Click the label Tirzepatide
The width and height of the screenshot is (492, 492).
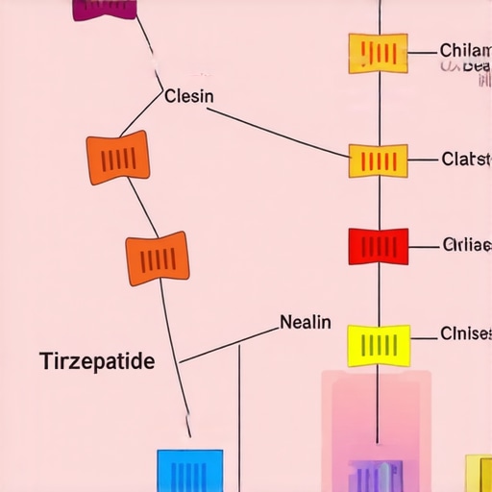pos(96,362)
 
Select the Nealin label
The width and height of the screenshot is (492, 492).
pos(305,322)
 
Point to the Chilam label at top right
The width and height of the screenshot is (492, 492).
pos(464,50)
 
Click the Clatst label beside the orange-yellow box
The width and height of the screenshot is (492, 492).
pos(465,159)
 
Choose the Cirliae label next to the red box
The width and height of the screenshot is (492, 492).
pos(465,244)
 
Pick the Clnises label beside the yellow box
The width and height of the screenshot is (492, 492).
pos(465,334)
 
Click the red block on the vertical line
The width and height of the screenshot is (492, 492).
pos(378,246)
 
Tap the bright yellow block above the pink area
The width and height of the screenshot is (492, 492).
pos(378,344)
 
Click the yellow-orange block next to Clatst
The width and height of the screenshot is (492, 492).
pos(378,160)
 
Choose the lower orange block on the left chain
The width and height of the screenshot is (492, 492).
pos(158,258)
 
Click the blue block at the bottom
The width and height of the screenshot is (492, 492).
pos(189,471)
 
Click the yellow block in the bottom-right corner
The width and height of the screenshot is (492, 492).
pos(479,475)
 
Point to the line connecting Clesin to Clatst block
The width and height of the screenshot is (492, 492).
pos(279,131)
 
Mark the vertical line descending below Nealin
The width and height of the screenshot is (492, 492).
pos(239,413)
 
